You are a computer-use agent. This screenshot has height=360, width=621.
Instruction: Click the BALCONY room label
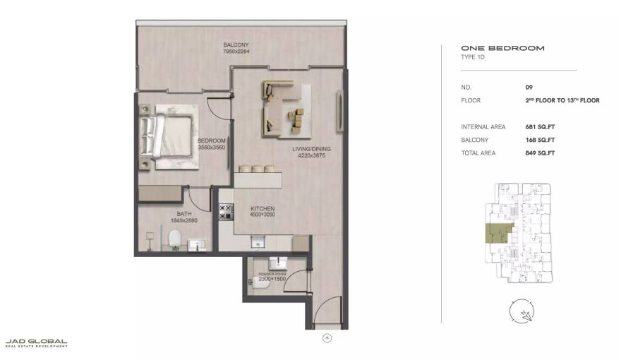(x=236, y=44)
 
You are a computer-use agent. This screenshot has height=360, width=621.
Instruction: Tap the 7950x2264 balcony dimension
(x=236, y=52)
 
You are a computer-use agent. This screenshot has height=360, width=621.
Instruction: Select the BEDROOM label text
(x=211, y=141)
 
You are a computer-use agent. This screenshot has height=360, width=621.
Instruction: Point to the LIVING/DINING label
(x=311, y=150)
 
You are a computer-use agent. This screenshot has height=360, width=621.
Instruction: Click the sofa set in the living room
(x=285, y=108)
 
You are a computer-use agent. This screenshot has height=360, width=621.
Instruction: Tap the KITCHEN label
(x=263, y=209)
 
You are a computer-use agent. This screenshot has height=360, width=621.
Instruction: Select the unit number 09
(x=529, y=87)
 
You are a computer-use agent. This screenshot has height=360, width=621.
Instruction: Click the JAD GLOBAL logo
(x=36, y=343)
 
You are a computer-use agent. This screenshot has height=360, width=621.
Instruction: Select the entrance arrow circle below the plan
(x=327, y=338)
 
